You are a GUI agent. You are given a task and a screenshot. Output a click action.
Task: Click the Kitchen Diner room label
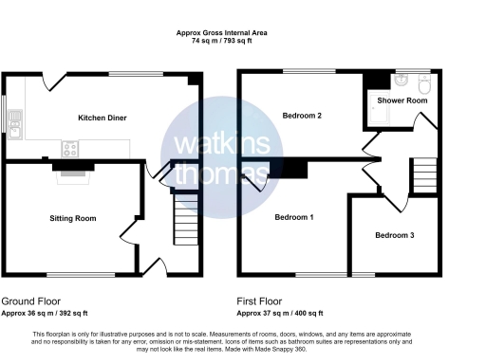[x=103, y=118]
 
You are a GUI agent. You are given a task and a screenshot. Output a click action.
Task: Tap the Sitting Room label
[x=73, y=218]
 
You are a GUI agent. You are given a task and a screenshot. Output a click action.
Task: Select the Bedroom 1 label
[x=294, y=217]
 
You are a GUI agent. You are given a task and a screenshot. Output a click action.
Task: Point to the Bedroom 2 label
[x=303, y=116]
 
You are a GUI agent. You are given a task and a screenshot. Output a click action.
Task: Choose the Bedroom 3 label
[x=394, y=235]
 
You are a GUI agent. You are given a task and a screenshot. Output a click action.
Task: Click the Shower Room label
[x=402, y=100]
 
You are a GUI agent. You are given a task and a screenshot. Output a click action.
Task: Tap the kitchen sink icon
[x=14, y=122]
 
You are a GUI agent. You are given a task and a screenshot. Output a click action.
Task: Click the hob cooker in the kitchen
[x=69, y=148]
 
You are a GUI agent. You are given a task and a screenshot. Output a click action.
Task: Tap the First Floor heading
[x=262, y=300]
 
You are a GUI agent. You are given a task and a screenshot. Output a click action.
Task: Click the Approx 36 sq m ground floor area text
[x=45, y=313]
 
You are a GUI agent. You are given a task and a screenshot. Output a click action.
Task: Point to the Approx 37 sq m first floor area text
[x=280, y=313]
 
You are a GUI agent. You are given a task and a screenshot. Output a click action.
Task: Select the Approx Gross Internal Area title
[x=222, y=33]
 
